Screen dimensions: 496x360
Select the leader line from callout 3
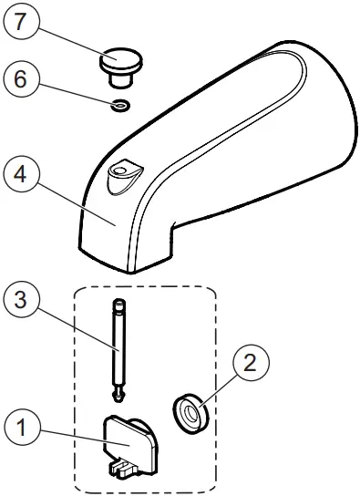pos(77,328)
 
